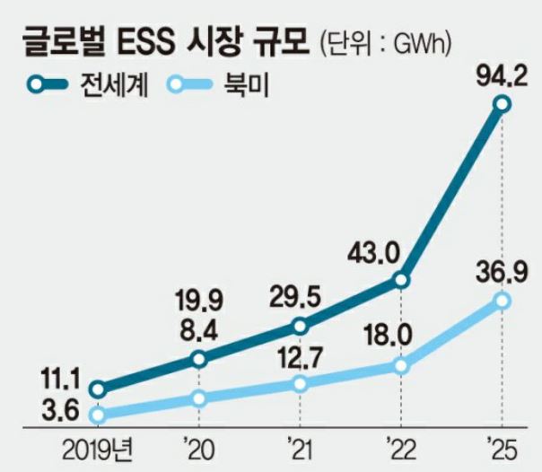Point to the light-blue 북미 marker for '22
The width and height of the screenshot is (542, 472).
401,366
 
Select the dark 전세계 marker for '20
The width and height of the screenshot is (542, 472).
199,360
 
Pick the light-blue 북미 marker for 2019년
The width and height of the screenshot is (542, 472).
98,415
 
